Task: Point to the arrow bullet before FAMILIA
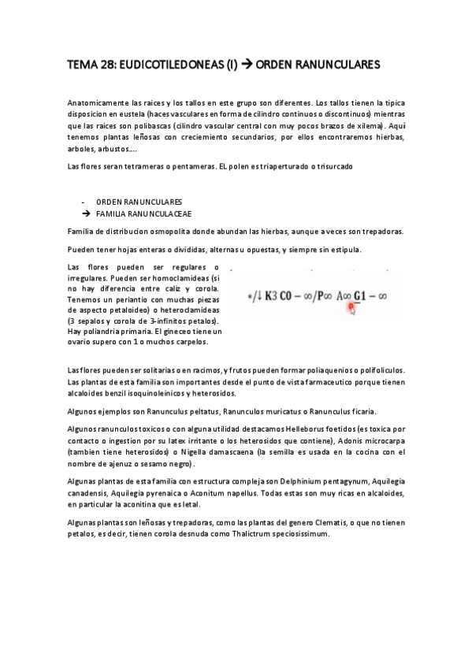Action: (85, 213)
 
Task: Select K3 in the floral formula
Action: (274, 296)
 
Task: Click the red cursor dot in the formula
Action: (351, 308)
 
